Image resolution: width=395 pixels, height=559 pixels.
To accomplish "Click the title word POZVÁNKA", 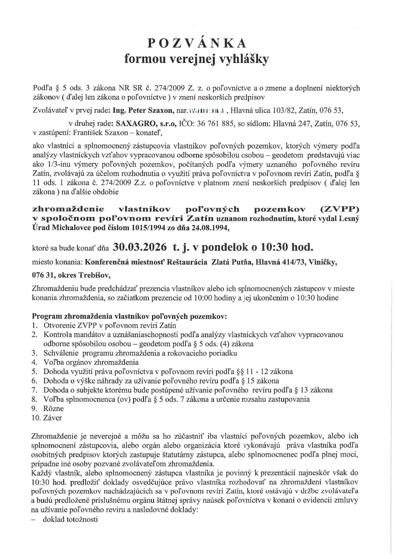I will tap(197, 43).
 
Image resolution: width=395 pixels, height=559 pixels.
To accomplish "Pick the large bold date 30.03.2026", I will tap(140, 247).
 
